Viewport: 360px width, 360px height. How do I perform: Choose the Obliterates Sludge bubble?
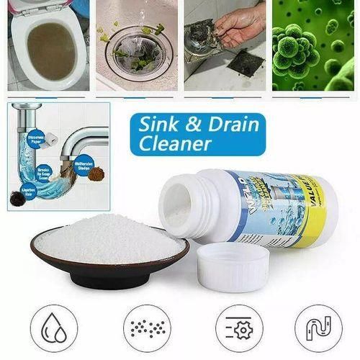pos(84,162)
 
